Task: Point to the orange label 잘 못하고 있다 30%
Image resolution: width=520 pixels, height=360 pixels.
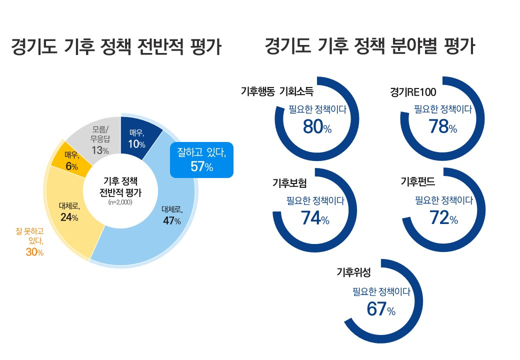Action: click(30, 241)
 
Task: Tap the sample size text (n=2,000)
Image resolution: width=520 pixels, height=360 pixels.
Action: click(120, 203)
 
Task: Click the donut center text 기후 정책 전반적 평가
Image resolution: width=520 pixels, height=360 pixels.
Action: click(120, 187)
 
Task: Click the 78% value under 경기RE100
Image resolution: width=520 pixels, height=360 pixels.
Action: click(442, 127)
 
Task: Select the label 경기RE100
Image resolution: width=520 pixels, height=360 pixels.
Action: click(413, 91)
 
